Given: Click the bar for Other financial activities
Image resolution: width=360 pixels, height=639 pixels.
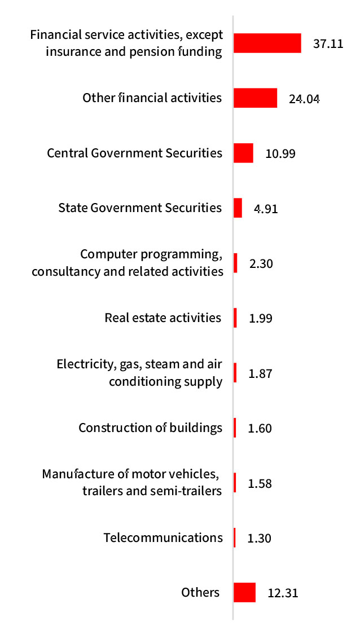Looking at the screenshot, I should (255, 98).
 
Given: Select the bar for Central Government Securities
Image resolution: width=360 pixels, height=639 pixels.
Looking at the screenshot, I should (243, 153).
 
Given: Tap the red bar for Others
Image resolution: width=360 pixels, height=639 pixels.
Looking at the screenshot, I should (244, 593).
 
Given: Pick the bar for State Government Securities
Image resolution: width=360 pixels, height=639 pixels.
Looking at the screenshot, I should (238, 208).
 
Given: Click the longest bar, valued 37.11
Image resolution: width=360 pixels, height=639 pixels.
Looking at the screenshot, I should (267, 43).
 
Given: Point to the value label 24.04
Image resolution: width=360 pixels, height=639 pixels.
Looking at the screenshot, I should (304, 99).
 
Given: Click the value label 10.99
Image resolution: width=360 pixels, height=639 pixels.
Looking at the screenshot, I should (280, 153).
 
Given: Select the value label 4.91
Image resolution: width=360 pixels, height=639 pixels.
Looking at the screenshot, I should (266, 208).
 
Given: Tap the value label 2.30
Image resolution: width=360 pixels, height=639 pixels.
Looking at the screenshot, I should (261, 263).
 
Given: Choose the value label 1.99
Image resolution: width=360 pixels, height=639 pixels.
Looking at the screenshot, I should (261, 318).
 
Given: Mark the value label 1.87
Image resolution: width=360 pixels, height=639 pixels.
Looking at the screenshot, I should (261, 373).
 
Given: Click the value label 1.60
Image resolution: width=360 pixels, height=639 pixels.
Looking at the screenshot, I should (260, 428).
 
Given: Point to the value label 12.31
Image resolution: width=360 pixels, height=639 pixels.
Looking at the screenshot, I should (282, 593).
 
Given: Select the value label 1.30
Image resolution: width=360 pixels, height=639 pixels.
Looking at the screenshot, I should (260, 538).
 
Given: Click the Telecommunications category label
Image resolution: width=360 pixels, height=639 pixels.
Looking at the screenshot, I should (163, 537).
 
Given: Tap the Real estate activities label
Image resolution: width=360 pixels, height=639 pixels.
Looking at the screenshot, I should (163, 318).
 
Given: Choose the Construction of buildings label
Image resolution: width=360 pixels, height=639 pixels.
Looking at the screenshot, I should (150, 428).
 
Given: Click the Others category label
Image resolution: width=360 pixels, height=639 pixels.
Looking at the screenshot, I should (200, 592).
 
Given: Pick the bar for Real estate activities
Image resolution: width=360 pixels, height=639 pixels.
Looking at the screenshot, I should (235, 318).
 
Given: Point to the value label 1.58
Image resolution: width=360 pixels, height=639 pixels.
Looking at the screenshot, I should (260, 483).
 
